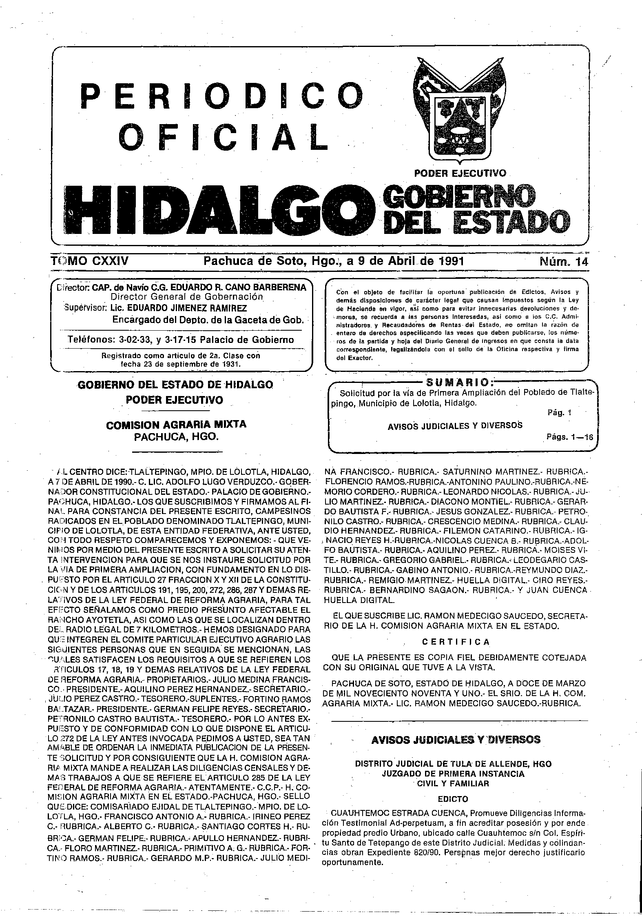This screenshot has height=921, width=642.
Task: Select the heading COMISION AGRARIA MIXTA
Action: pos(176,425)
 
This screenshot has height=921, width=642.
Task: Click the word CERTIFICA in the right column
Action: pos(456,642)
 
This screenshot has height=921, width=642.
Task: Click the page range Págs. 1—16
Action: pos(569,437)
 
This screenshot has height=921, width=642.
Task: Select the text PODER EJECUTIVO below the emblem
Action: pos(460,173)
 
